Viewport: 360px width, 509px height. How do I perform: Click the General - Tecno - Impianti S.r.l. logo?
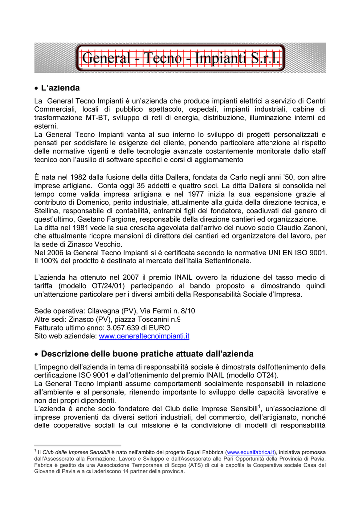[180, 58]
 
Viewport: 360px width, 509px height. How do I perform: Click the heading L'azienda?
[60, 88]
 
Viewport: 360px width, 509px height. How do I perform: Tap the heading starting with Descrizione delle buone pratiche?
[147, 354]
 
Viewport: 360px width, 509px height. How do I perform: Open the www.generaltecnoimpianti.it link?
[145, 336]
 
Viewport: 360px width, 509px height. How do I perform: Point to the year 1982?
[79, 177]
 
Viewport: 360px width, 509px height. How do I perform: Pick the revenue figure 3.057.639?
[114, 328]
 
